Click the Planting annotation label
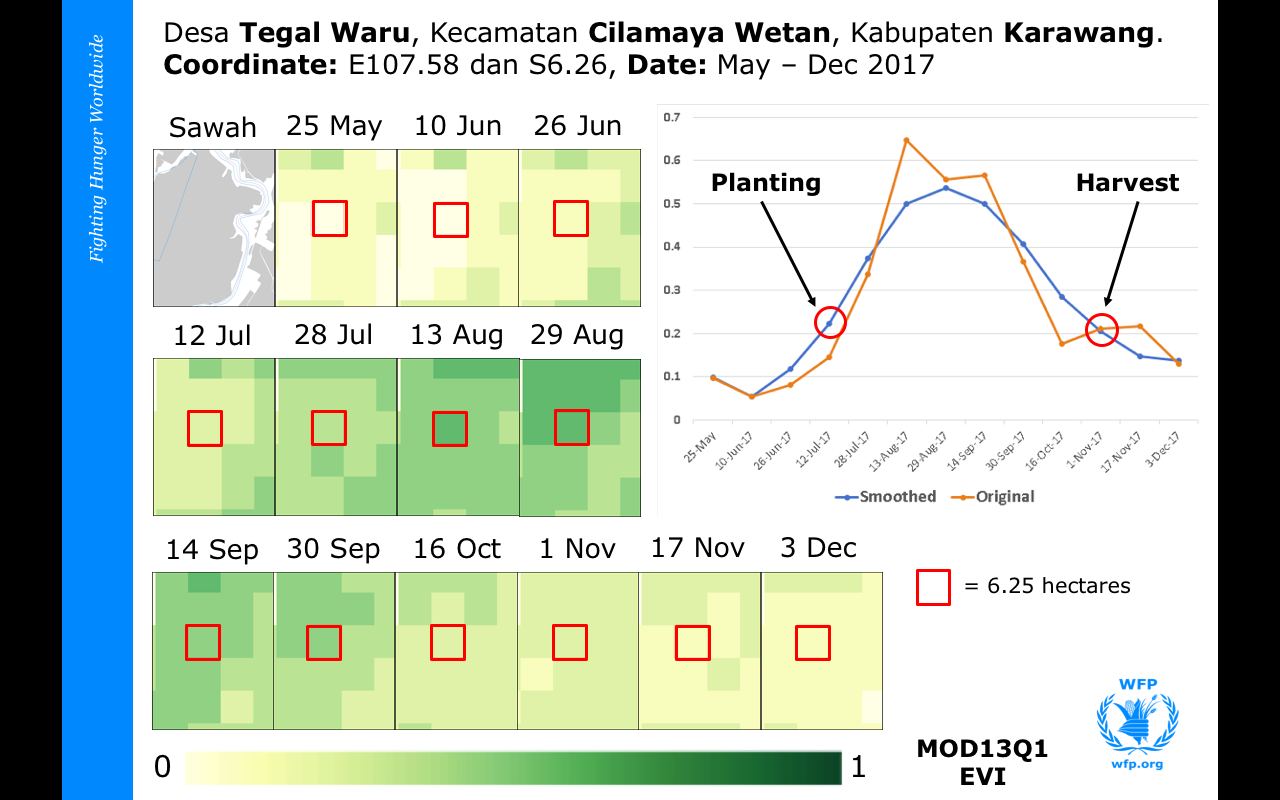(765, 183)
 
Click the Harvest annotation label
(1127, 183)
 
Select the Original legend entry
(1005, 496)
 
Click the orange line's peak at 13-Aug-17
(906, 140)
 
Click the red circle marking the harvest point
(1101, 329)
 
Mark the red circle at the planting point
(830, 322)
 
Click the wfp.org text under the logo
(1138, 765)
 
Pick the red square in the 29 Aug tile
(572, 427)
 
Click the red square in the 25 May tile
(330, 218)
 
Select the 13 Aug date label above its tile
(456, 335)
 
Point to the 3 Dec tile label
(817, 548)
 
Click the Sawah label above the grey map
(212, 128)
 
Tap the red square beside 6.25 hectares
(933, 587)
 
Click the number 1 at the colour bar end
(857, 767)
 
